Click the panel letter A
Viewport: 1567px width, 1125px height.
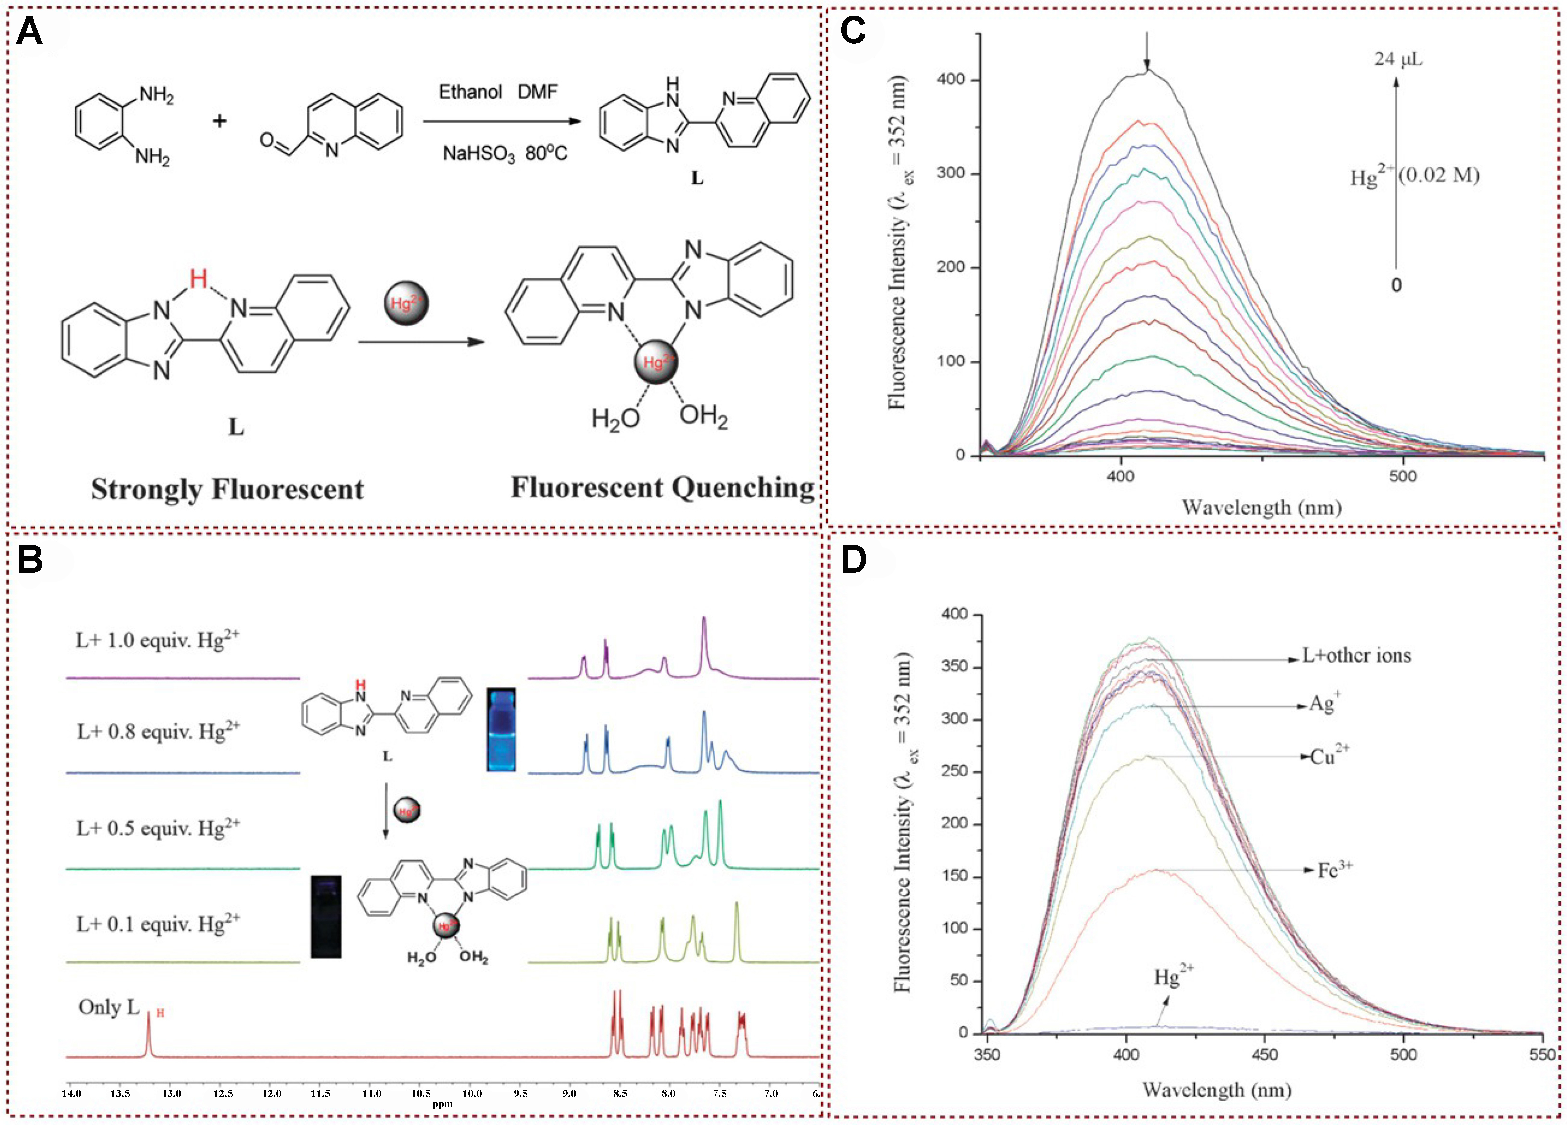pos(29,32)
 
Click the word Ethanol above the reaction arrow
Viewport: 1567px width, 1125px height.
pos(470,91)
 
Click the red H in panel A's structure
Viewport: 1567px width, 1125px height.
pos(198,279)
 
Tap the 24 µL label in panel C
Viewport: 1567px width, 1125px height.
pos(1398,59)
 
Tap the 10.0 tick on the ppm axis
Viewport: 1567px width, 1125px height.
pos(472,1093)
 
